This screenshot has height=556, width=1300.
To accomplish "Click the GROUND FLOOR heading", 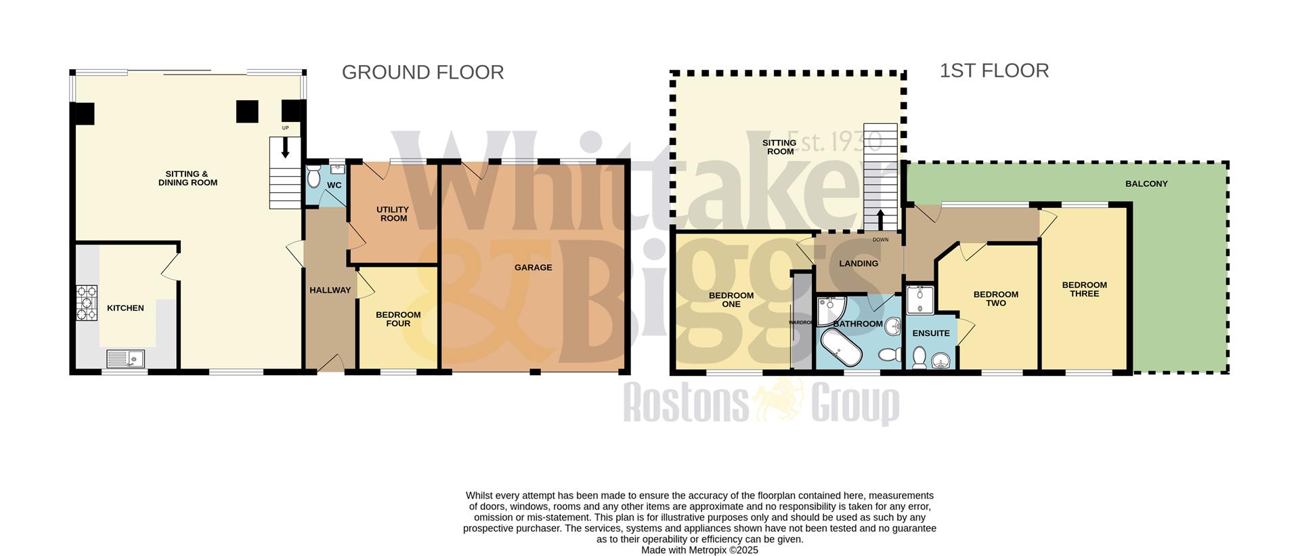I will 422,72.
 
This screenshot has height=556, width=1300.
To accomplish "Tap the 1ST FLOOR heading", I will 993,70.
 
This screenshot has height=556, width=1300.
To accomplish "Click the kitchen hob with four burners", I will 87,303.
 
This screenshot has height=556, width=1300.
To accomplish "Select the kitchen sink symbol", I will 126,358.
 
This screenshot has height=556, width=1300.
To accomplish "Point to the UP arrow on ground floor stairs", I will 285,147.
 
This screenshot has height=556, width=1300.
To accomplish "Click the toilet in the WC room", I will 313,177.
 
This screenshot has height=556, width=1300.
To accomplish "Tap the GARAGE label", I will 533,268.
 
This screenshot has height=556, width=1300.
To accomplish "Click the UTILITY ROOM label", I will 393,214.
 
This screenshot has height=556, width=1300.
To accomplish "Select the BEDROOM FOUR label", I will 398,319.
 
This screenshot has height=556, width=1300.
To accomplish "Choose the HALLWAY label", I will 330,291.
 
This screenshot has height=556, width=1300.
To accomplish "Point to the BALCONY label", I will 1146,184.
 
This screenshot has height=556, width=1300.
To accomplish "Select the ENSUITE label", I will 930,333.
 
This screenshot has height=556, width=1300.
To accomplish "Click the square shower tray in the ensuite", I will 920,300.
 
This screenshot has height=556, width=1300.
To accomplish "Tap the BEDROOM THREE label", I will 1084,289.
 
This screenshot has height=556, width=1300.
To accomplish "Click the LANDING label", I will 858,263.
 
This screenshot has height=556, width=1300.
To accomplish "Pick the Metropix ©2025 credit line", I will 699,551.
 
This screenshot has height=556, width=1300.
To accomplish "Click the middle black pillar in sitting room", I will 247,112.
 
